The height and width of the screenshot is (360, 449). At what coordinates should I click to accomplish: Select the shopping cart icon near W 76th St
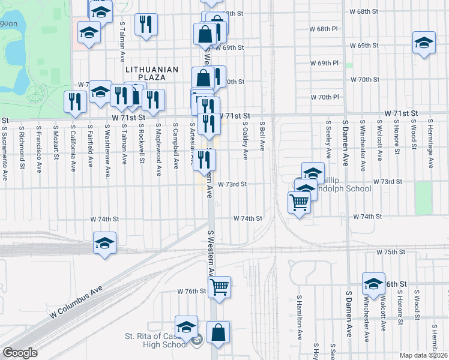pyautogui.click(x=220, y=287)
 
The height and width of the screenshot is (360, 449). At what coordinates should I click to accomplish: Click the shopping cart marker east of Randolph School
pyautogui.click(x=299, y=203)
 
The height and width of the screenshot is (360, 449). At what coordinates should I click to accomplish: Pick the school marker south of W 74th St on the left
pyautogui.click(x=105, y=243)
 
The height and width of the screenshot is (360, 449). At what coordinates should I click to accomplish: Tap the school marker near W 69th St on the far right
pyautogui.click(x=424, y=43)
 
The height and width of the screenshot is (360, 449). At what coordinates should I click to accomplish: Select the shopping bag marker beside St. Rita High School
pyautogui.click(x=218, y=332)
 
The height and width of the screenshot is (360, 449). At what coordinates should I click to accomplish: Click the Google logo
pyautogui.click(x=20, y=353)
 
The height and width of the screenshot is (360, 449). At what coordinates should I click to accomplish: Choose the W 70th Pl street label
pyautogui.click(x=325, y=97)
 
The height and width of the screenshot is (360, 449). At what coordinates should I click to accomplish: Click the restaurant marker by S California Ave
pyautogui.click(x=75, y=101)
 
